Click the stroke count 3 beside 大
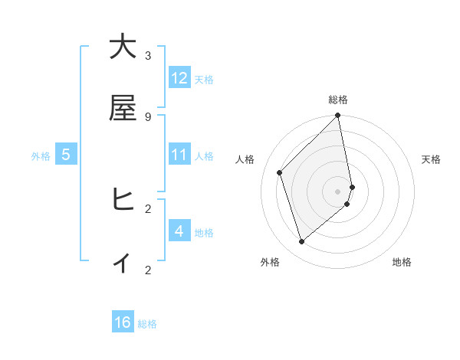pos(148,56)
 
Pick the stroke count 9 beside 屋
pos(148,116)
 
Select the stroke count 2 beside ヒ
pos(148,208)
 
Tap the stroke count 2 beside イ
pos(148,270)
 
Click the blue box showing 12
pos(179,78)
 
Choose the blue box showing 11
pos(179,155)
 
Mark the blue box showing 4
pos(179,231)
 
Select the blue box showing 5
pos(66,155)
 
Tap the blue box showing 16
pos(123,322)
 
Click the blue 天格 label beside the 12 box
pos(204,79)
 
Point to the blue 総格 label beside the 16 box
pos(147,324)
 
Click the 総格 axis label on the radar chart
pos(338,100)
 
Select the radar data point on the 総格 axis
pos(338,116)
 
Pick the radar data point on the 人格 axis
pos(280,172)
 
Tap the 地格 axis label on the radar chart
pos(402,262)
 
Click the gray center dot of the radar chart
pos(338,191)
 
